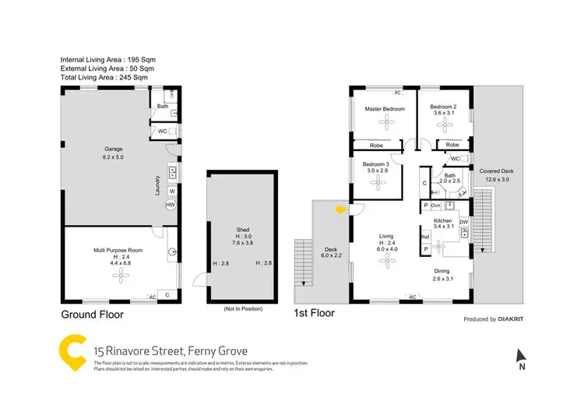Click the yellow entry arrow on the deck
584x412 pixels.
tap(339, 209)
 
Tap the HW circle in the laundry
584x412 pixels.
tap(171, 204)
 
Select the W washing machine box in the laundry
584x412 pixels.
tap(171, 190)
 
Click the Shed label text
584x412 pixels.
tap(242, 230)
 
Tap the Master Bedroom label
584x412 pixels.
tap(385, 109)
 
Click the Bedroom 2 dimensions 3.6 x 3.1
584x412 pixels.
tap(444, 113)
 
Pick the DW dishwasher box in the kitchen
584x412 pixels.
tap(463, 222)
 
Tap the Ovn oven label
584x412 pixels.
tap(436, 205)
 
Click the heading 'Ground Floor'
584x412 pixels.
tap(92, 315)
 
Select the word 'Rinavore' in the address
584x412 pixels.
tap(132, 352)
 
